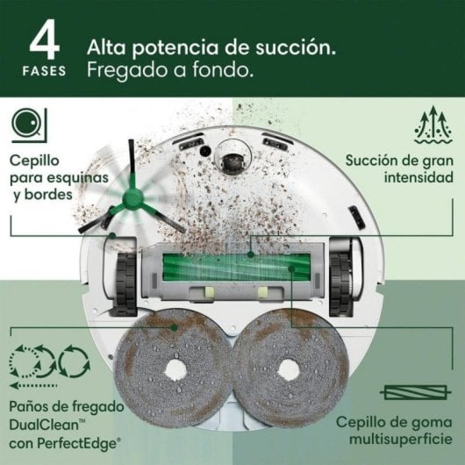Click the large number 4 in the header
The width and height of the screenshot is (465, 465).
(45, 39)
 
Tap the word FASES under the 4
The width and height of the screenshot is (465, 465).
(44, 71)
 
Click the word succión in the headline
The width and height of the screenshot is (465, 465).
(296, 47)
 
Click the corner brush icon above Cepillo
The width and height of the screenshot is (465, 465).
(29, 125)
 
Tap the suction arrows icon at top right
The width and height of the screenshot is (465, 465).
(433, 125)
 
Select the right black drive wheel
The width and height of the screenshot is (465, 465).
(341, 284)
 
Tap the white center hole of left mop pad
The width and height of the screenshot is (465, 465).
(175, 369)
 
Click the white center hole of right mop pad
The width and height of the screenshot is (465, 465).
(289, 369)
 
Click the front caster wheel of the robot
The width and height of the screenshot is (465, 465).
(233, 161)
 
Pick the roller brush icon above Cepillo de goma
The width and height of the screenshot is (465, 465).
(416, 393)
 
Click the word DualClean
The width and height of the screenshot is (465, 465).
(44, 425)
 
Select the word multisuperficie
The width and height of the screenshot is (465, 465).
(401, 439)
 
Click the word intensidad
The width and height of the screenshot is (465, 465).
(418, 177)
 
